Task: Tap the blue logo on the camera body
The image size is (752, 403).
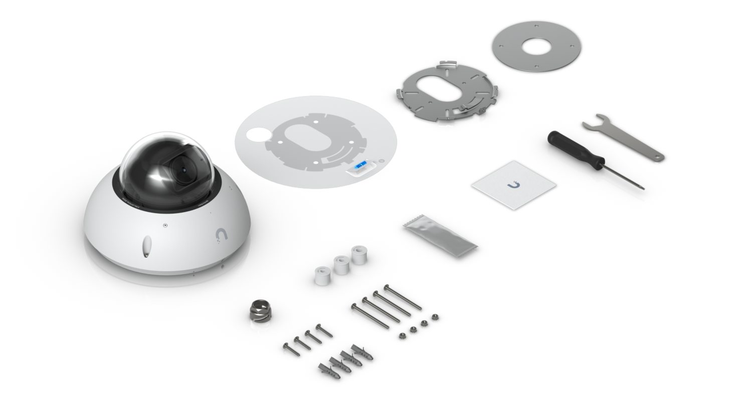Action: [220, 234]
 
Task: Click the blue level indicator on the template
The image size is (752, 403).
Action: [360, 165]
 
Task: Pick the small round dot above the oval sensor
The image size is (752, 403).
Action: [164, 226]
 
